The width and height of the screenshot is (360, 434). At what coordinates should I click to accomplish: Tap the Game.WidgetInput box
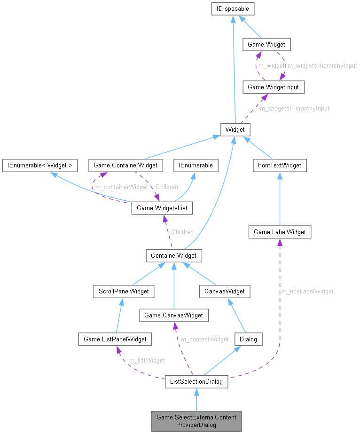coord(269,87)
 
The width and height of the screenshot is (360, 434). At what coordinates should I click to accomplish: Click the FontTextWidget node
coord(280,166)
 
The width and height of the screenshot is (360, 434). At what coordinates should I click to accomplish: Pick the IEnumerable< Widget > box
coord(39,166)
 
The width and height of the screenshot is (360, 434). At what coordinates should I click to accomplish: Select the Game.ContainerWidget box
coord(125,166)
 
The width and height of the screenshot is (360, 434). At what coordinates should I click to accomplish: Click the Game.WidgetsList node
coord(162,207)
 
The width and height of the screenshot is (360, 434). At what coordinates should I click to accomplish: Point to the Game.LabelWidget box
coord(280,232)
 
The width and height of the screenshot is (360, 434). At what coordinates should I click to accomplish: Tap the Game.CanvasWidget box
coord(173,315)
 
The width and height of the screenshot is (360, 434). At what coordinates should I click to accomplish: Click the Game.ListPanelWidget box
coord(115,339)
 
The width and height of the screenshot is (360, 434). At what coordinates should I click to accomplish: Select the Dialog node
coord(249,339)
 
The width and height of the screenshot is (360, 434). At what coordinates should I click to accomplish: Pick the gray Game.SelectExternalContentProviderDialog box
coord(196,421)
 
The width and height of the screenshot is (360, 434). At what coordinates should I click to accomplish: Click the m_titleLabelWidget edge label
coord(307,292)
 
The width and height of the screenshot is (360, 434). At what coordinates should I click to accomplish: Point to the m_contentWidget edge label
coord(205,339)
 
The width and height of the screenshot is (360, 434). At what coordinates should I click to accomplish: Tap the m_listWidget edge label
coord(147,361)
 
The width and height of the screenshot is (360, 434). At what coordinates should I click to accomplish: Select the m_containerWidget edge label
coord(121,187)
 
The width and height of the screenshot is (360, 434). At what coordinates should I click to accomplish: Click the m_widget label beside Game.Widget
coord(272,66)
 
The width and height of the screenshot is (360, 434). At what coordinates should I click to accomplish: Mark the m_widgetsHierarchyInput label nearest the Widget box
coord(295,108)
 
